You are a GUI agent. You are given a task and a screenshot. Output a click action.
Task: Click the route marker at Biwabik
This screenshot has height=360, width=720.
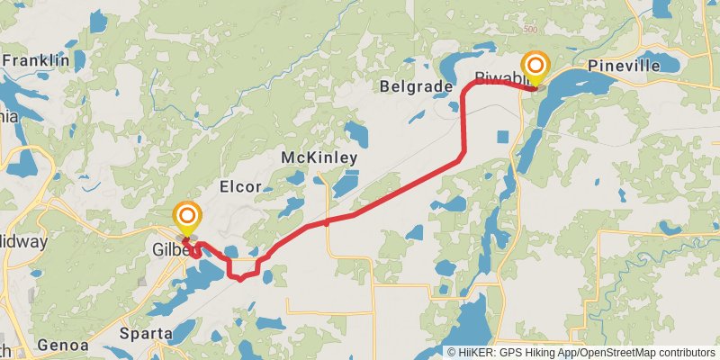(537, 67)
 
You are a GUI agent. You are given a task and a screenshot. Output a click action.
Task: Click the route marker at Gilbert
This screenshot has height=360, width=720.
(187, 217)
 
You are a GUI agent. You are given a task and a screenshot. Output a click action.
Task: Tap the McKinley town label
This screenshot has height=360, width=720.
(319, 157)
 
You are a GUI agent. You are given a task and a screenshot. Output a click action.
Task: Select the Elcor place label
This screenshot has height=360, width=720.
(240, 187)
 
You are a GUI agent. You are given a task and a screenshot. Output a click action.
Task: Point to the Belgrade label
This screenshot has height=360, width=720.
(416, 85)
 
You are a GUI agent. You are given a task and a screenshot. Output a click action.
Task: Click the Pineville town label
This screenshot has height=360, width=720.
(623, 66)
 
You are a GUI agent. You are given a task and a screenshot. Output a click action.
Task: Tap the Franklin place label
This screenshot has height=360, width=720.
(36, 60)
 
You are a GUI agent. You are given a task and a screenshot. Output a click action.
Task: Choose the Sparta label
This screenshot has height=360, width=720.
(146, 334)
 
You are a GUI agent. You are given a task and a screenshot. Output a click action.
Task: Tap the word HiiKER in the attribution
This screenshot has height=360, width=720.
(474, 352)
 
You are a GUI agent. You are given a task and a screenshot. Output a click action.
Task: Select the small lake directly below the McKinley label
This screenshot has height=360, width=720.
(346, 184)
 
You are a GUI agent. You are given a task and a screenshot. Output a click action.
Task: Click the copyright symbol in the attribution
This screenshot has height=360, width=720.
(451, 352)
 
